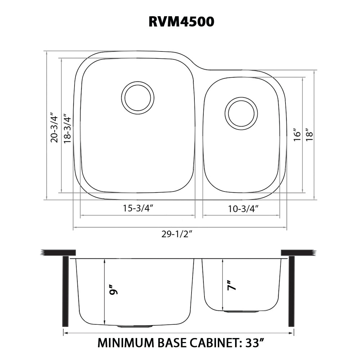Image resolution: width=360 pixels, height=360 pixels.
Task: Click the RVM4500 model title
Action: [181, 22]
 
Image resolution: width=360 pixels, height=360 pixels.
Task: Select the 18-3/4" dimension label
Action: [67, 129]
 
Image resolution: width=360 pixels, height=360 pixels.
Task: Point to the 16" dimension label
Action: [297, 135]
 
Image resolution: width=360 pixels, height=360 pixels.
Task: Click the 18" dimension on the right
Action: [309, 135]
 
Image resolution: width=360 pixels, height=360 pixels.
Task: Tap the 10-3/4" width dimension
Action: [243, 208]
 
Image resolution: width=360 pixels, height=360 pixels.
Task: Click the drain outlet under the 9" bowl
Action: [135, 326]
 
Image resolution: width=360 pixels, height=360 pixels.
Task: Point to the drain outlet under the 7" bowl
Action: [241, 311]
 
